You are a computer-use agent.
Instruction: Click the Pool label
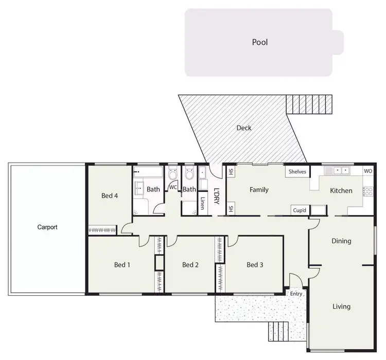coord(260,42)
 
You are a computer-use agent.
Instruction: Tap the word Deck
coord(244,128)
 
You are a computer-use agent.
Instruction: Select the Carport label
coord(47,227)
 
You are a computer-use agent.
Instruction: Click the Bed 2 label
coord(190,265)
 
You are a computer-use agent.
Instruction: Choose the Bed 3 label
coord(255,265)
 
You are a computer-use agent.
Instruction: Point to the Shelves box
coord(297,172)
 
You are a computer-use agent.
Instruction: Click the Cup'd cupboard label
coord(300,209)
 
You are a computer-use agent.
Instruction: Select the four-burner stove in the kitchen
coord(367,191)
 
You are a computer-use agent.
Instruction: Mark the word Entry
coord(296,294)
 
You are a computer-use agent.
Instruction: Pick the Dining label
coord(341,241)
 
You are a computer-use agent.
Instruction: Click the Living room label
coord(341,307)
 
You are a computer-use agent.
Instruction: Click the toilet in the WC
coord(173,173)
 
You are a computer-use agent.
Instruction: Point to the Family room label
coord(259,190)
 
